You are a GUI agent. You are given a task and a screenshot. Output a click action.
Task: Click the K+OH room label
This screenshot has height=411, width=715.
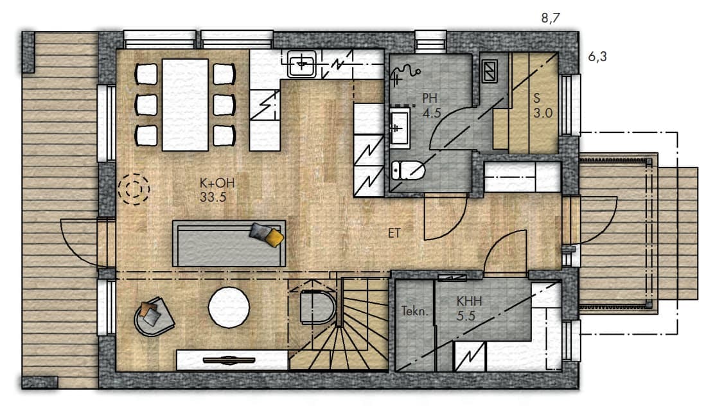[x=217, y=183]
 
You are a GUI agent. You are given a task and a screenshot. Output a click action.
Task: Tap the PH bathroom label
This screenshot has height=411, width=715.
[x=430, y=98]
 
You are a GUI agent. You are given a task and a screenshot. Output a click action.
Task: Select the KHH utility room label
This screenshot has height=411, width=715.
[x=469, y=301]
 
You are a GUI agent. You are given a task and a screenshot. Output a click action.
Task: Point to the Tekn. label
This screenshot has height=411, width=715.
[x=415, y=311]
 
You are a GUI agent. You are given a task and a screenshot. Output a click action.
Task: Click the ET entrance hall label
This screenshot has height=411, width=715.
[x=394, y=233]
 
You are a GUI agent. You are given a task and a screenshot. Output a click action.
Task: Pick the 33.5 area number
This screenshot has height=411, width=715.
[x=213, y=198]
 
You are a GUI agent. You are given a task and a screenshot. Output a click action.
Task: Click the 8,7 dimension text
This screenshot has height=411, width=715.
[x=551, y=18]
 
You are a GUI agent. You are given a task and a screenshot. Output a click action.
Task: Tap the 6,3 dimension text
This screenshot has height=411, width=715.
[x=597, y=57]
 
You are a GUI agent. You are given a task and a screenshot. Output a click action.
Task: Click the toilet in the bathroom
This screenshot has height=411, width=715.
[x=408, y=171]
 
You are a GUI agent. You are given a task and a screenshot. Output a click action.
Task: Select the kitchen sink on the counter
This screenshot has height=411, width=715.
[x=301, y=64]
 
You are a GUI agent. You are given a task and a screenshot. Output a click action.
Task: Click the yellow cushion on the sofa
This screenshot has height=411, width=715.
[x=274, y=238]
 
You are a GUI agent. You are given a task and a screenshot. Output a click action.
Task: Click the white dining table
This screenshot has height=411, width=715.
[x=185, y=105]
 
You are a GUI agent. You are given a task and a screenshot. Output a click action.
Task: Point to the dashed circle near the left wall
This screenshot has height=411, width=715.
[x=134, y=189]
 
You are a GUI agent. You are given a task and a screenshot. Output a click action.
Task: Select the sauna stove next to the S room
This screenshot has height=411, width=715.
[x=490, y=71]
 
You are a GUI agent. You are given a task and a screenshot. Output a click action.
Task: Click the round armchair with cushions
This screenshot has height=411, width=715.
[x=154, y=317]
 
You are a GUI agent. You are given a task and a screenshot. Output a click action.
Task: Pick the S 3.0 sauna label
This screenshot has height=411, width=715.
[x=543, y=105]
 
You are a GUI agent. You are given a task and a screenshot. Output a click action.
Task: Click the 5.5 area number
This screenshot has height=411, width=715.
[x=466, y=316]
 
